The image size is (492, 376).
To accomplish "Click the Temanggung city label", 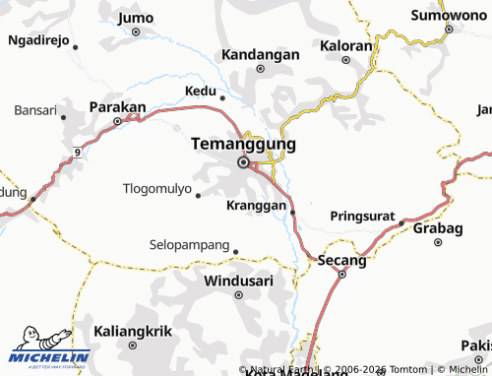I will (x=242, y=144).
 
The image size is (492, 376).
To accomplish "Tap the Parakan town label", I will (x=117, y=106).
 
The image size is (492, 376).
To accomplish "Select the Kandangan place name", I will (x=260, y=54).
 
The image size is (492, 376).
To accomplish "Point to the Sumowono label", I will (x=448, y=15).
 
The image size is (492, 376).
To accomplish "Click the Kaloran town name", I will (x=346, y=45).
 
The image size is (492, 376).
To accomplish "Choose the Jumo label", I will (x=135, y=17).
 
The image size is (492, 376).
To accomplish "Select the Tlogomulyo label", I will (x=156, y=188).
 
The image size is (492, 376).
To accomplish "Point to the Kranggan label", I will (x=256, y=206).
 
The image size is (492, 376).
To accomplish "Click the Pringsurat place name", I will (x=361, y=214).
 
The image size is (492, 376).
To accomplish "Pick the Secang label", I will (x=341, y=260).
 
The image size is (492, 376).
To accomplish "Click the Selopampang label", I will (x=189, y=243).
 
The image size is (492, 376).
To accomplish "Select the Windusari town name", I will (x=236, y=281).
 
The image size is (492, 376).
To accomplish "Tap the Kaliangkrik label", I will (x=131, y=331).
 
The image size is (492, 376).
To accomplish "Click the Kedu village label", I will (x=200, y=91).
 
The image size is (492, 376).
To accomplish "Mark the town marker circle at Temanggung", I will (x=243, y=163).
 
